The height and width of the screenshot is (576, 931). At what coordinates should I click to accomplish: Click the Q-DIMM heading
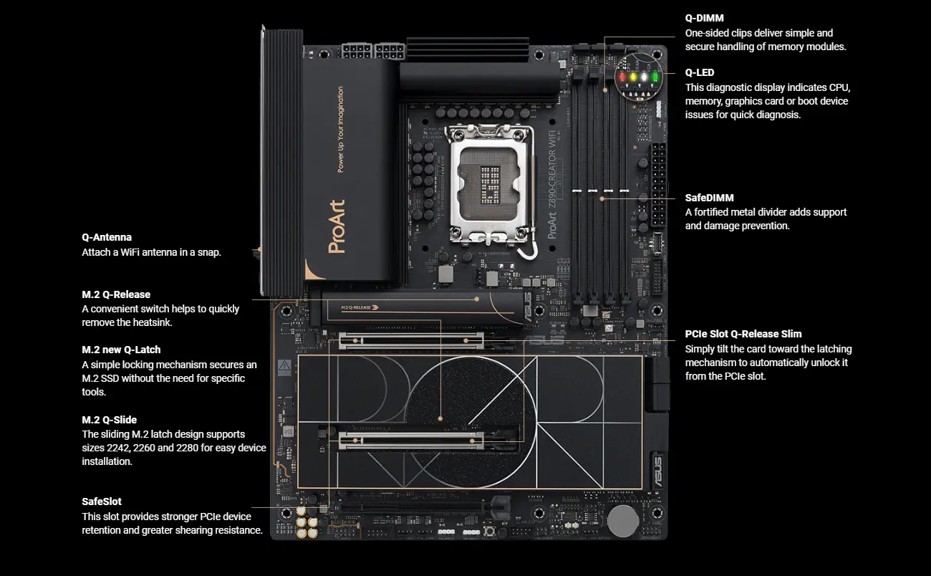(x=704, y=18)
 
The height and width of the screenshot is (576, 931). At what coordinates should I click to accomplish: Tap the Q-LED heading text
(x=700, y=72)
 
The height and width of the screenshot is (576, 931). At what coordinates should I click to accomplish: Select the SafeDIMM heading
(x=709, y=198)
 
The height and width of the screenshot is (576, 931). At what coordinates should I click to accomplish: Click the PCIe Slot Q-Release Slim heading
(x=743, y=334)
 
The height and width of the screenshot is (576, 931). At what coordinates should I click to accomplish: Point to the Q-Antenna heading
(x=107, y=237)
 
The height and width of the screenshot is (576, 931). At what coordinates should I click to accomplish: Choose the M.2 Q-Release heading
(x=116, y=294)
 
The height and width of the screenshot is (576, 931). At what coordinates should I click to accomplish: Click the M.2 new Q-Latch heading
(x=121, y=350)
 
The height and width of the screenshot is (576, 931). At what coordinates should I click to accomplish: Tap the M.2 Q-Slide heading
(x=109, y=420)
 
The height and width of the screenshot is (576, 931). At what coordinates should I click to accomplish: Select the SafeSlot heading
(x=102, y=501)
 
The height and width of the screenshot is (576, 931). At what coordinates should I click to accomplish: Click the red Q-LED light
(x=622, y=77)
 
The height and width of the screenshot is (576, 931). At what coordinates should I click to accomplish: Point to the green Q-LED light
(x=655, y=77)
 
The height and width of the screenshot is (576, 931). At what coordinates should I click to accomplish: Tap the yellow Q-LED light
(x=633, y=77)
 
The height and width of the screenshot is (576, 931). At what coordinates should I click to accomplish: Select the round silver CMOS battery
(x=623, y=521)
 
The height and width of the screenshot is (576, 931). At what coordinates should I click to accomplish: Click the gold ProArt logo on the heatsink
(x=337, y=226)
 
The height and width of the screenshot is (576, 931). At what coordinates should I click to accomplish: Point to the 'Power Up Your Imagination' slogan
(x=340, y=130)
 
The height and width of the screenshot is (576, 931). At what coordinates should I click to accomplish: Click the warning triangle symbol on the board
(x=285, y=366)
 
